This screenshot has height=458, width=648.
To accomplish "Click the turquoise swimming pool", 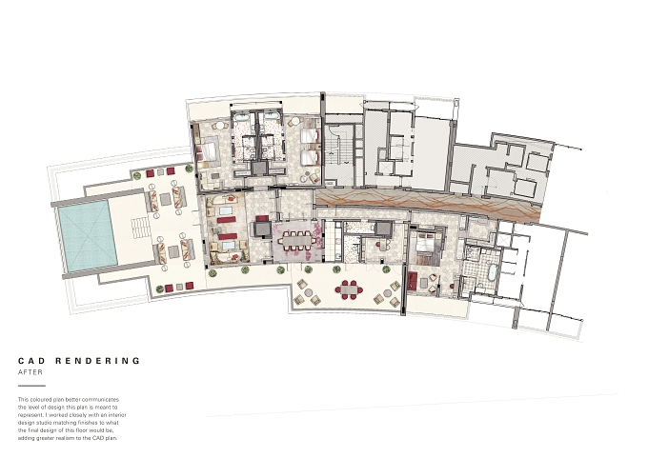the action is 88,236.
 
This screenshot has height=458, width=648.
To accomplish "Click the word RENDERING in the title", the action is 98,361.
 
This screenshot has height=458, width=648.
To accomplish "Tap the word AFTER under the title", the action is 30,372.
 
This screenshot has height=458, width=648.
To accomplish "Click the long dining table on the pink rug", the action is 296,239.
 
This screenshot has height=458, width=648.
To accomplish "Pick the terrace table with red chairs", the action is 350,289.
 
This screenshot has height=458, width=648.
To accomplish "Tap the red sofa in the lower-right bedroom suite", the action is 413,281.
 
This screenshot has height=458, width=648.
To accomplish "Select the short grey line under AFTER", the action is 31,387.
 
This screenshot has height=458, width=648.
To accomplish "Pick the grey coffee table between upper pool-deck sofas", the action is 165,199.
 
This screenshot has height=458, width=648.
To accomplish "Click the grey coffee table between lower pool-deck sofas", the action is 173,251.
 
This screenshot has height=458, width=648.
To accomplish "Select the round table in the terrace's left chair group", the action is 309,293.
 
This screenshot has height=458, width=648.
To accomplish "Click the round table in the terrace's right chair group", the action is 387,293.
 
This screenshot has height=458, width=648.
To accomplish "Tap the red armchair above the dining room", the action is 262,218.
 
